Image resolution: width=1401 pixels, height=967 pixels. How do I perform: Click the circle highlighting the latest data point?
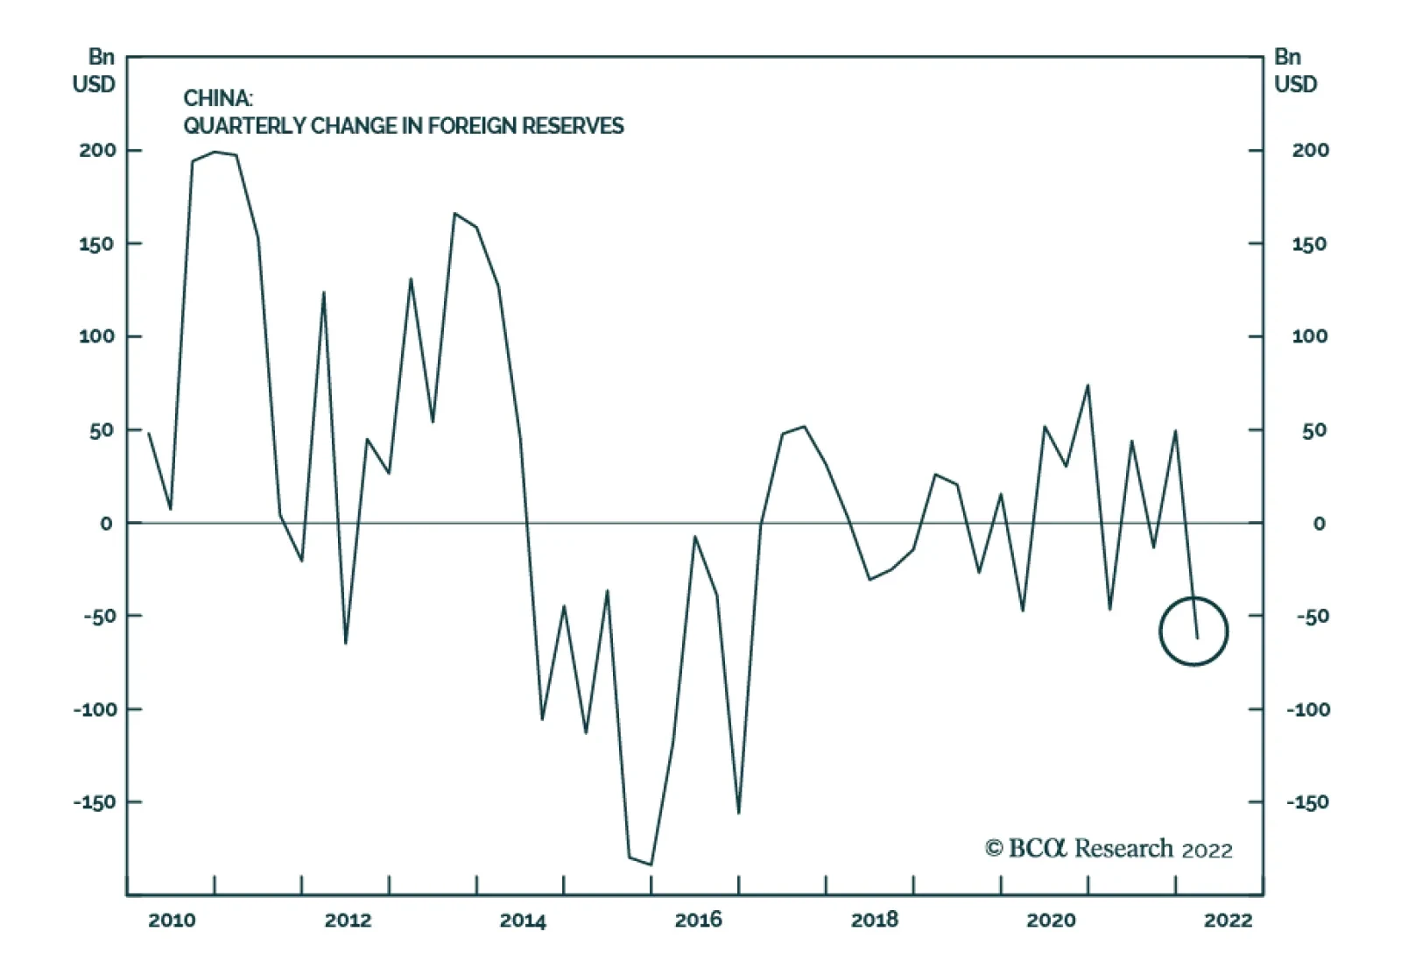point(1193,631)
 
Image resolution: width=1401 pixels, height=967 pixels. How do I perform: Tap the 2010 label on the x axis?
point(172,920)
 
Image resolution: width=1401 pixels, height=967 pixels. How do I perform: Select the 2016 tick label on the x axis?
point(698,920)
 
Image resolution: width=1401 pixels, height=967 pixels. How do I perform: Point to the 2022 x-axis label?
point(1228,920)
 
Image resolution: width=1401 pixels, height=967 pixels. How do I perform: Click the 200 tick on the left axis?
point(97,150)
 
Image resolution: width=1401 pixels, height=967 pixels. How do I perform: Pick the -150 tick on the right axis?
point(1306,802)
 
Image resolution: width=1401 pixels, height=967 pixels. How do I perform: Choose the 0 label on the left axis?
point(107,524)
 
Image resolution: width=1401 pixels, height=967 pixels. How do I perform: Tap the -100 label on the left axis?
point(94,709)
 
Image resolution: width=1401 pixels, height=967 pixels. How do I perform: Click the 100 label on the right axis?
point(1309,336)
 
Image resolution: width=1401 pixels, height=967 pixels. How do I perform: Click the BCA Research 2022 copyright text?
point(1108,849)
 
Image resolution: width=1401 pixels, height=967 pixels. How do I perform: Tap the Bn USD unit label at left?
point(95,70)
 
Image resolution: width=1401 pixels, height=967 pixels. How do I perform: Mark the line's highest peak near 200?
point(215,152)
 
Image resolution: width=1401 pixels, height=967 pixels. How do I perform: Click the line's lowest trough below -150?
point(651,865)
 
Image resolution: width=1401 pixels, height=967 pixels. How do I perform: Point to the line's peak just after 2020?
point(1088,385)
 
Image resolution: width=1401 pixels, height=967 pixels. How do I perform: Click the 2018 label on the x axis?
point(875,920)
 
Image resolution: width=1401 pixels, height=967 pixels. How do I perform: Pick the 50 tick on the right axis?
point(1313,430)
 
